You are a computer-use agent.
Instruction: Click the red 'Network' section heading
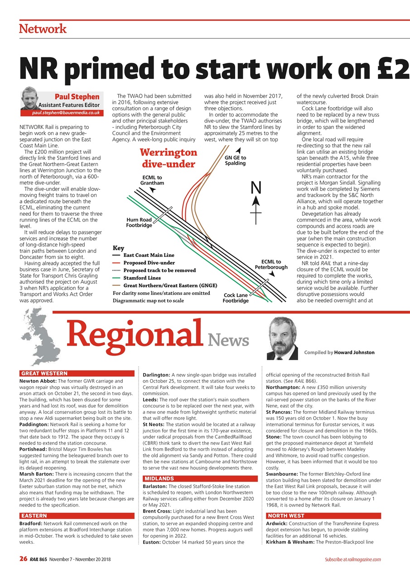tap(43, 29)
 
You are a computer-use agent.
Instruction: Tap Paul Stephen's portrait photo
tap(31, 98)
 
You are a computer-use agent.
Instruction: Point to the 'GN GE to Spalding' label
tap(235, 160)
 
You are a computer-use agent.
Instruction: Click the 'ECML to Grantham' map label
tap(152, 180)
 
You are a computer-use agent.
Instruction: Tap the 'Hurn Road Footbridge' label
tap(139, 223)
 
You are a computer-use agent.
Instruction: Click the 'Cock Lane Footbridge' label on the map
tap(236, 298)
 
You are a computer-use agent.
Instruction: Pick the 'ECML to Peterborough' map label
tap(271, 265)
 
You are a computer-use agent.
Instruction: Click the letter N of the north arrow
tap(256, 186)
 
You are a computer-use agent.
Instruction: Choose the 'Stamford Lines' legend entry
tap(142, 278)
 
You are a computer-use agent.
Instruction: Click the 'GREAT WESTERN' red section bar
tap(77, 373)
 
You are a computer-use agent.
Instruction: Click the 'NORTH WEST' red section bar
tap(323, 516)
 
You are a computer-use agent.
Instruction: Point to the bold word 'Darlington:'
tap(156, 375)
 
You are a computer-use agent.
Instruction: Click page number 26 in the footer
tap(23, 559)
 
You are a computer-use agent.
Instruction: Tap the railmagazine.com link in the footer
tap(365, 560)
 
